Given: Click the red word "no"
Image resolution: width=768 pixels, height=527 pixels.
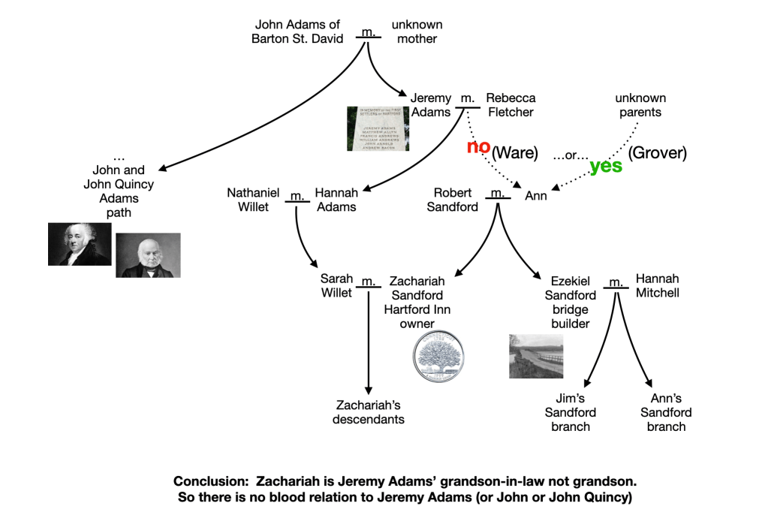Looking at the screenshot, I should coord(478,146).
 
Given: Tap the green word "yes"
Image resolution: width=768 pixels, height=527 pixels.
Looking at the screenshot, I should coord(606,166).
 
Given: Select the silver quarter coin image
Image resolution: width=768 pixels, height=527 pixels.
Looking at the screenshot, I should coord(439,354).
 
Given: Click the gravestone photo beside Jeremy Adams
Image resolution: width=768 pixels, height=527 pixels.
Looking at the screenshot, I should coord(378,128).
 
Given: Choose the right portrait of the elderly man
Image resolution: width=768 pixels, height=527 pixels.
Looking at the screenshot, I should coord(148,255).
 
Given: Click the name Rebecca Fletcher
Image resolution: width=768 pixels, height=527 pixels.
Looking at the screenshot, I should coord(510,105).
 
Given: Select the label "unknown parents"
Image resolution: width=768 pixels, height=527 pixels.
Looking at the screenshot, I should coord(640,105).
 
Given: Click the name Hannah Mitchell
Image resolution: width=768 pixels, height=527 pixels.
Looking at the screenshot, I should coord(657,285).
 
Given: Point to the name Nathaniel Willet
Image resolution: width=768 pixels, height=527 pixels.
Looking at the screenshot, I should coord(253,200).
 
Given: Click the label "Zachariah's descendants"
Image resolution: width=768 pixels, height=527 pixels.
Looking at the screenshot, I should coord(368,412).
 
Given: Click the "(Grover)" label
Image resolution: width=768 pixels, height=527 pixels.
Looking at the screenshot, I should coord(658,153).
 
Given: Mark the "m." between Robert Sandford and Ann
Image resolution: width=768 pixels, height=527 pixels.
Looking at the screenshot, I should coord(495,194).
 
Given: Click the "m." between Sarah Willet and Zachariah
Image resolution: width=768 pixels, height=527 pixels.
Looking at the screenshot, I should coord(368,282).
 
